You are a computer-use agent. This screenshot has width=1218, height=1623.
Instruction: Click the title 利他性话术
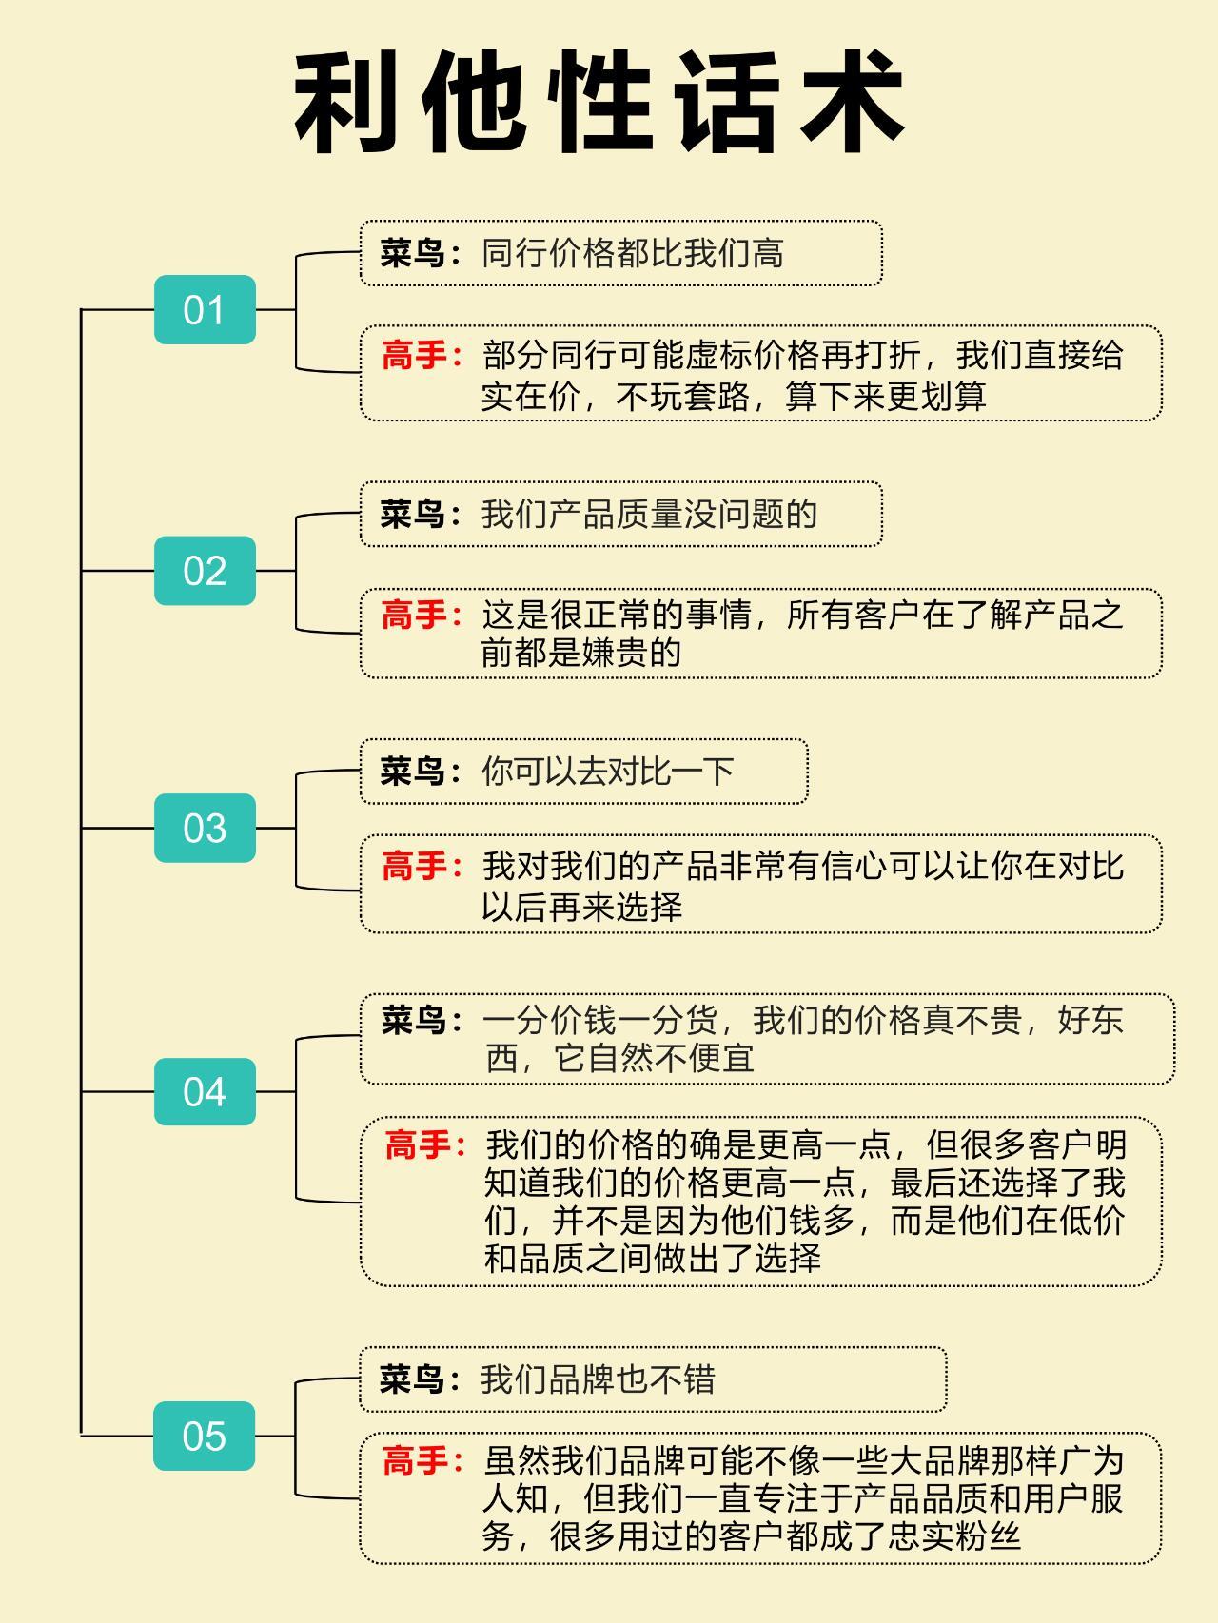coord(599,103)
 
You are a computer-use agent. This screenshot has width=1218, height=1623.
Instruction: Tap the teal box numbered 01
coord(205,310)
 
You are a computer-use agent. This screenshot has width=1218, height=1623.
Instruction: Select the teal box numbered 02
coord(205,571)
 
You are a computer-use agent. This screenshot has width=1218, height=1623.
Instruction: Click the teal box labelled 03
coord(205,828)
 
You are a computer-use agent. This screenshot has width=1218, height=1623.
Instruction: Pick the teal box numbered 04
coord(205,1091)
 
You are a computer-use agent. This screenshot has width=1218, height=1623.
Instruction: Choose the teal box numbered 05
coord(205,1436)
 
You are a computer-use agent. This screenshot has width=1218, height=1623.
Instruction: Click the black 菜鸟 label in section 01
coord(413,254)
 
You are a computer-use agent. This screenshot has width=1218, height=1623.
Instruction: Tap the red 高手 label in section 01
coord(414,356)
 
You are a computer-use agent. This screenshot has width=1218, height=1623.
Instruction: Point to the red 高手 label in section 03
coord(414,866)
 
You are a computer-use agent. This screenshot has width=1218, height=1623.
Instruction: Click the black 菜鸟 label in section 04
coord(414,1021)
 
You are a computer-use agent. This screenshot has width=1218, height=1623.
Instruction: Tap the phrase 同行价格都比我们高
coord(633,254)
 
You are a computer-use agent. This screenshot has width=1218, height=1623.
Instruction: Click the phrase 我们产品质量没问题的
coord(650,515)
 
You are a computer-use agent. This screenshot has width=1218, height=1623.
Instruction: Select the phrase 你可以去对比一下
coord(608,771)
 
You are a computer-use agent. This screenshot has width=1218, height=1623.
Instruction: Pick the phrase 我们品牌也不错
coord(598,1379)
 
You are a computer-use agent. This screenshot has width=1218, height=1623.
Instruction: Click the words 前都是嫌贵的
coord(581,653)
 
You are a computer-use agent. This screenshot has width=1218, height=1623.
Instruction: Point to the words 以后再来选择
coord(581,907)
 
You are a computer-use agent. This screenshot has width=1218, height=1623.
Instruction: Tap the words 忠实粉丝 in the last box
coord(954,1536)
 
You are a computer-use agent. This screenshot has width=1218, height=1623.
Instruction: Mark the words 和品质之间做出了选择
coord(653,1259)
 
